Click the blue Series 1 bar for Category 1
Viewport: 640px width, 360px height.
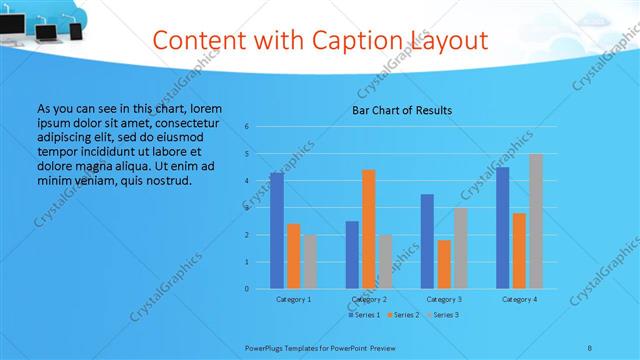[276, 230]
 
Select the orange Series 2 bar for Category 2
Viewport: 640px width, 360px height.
[369, 229]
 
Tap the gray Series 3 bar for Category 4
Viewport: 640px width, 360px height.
[536, 221]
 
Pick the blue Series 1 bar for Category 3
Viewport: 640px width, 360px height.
[427, 241]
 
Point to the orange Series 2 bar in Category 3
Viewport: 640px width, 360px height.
[444, 264]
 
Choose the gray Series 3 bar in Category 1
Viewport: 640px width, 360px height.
[310, 261]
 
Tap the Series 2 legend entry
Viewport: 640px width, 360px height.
[401, 315]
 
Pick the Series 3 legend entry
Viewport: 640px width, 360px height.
[442, 315]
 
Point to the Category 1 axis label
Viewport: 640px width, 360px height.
[293, 299]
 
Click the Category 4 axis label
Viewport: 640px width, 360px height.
[519, 299]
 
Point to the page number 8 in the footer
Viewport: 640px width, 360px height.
[590, 347]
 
